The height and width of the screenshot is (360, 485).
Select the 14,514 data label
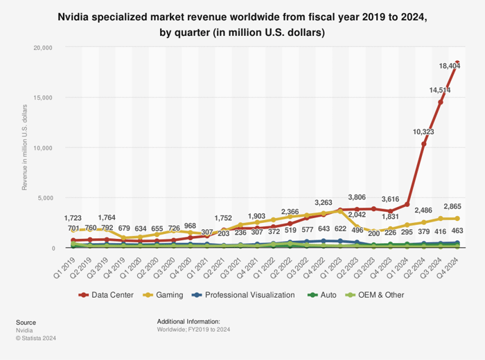pyautogui.click(x=422, y=90)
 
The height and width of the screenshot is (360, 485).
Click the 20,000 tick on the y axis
pyautogui.click(x=42, y=48)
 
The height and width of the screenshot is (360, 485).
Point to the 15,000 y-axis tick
pyautogui.click(x=42, y=98)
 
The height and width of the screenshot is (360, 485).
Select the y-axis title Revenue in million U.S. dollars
pyautogui.click(x=25, y=147)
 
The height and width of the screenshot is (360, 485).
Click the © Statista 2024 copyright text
pyautogui.click(x=36, y=339)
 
